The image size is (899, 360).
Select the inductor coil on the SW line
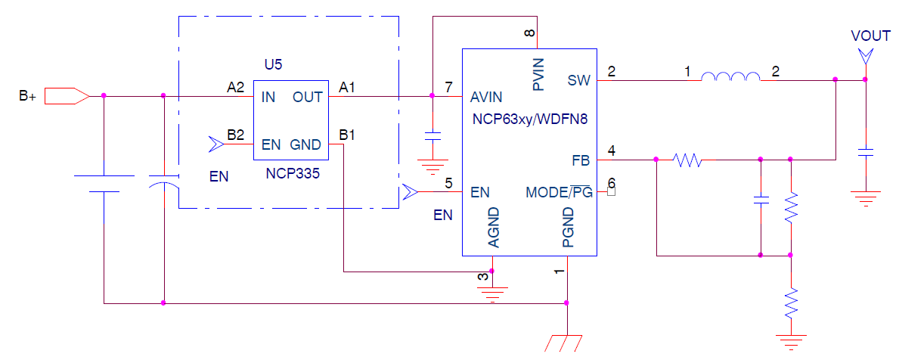(x=730, y=78)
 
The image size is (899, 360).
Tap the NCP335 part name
(x=293, y=173)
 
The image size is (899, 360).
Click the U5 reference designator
(x=273, y=64)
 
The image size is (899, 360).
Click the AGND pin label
(x=493, y=228)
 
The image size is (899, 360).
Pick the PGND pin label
(x=568, y=228)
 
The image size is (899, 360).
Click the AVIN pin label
(x=487, y=97)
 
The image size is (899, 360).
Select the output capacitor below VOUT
(x=866, y=152)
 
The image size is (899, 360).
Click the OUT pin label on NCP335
(x=307, y=97)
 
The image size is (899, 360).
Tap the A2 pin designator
(x=236, y=88)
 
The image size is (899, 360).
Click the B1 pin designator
(x=348, y=135)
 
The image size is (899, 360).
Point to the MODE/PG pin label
(x=559, y=193)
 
